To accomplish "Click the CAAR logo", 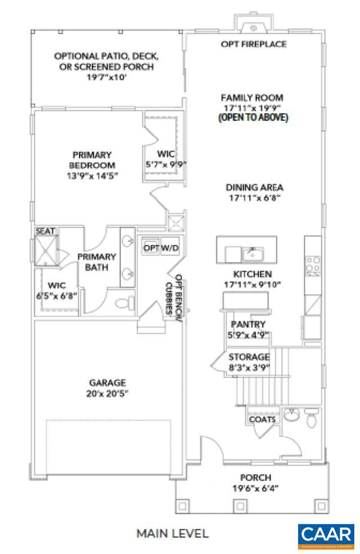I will (x=326, y=536).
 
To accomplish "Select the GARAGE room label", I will (x=106, y=382).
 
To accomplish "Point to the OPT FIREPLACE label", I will (x=253, y=44).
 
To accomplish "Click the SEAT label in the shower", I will (x=44, y=231).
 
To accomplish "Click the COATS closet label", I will (x=262, y=419).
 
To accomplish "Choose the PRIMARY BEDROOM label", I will (x=92, y=160).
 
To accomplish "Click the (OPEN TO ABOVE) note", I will (x=253, y=118).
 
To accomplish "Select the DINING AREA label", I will (x=254, y=187).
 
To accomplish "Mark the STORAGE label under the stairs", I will (x=249, y=357).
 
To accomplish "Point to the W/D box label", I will (x=170, y=248).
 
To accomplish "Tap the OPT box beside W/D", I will (x=151, y=248).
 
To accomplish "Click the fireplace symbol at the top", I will (x=253, y=26).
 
